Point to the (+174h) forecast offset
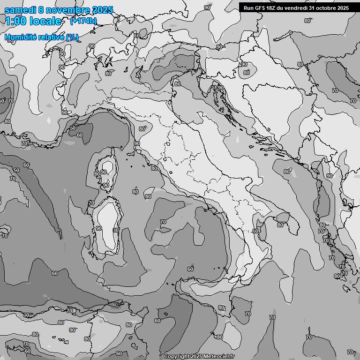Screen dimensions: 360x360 click(83, 21)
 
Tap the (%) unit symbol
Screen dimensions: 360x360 click(72, 37)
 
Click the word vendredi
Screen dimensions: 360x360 click(298, 8)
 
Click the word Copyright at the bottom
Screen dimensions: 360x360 click(176, 356)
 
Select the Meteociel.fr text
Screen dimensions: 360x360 click(219, 356)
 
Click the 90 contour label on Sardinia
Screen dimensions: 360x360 click(98, 228)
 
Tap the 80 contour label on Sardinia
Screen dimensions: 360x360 click(116, 230)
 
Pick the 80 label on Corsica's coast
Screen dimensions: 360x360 click(97, 174)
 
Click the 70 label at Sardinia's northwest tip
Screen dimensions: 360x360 click(91, 203)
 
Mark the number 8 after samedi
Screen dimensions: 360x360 click(41, 10)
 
